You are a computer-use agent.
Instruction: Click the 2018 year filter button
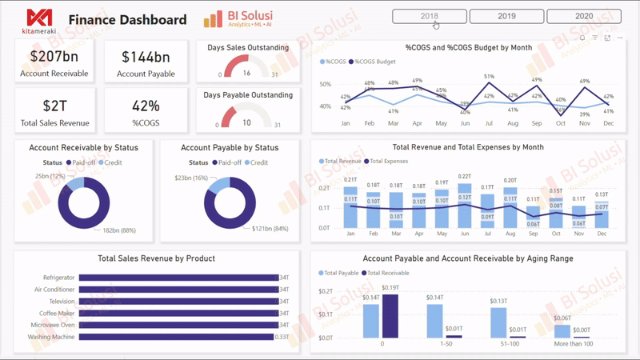click(x=428, y=16)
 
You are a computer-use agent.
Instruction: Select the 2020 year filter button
click(x=583, y=16)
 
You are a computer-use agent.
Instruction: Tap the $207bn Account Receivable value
click(x=54, y=56)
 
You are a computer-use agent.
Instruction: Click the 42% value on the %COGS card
click(x=146, y=106)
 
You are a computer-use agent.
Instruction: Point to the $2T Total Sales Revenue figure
click(x=54, y=106)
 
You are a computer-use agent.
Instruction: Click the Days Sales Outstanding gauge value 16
click(x=246, y=73)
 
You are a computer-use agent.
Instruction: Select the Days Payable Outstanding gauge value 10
click(x=246, y=122)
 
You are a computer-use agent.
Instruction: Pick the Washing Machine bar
click(x=176, y=337)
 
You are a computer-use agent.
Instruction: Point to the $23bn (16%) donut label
click(x=191, y=178)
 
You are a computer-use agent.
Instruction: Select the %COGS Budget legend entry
click(x=374, y=62)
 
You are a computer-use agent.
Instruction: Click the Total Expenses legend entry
click(x=390, y=161)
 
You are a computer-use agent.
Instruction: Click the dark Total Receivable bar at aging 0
click(x=390, y=316)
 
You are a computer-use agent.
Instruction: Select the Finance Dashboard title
click(x=127, y=20)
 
